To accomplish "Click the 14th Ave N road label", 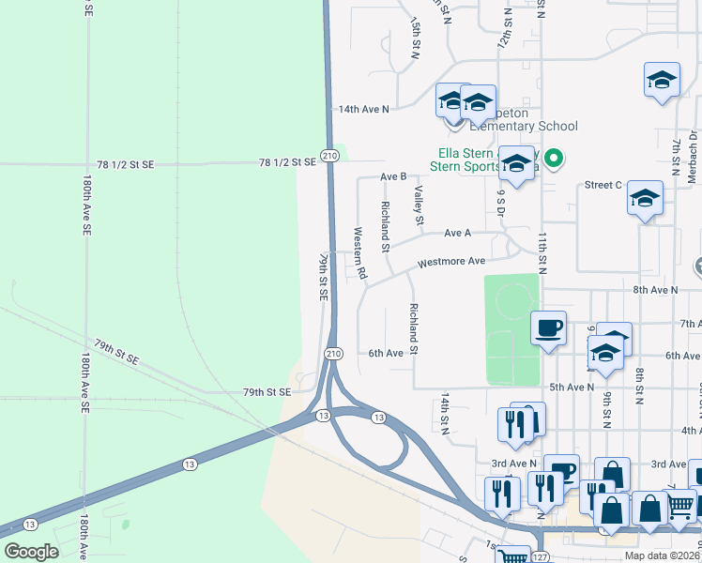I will (363, 110).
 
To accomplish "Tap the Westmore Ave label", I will (451, 262).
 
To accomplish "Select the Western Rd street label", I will (358, 245).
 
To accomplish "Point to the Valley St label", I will (419, 205).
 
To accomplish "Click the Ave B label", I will (393, 176).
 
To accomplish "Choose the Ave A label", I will (457, 233).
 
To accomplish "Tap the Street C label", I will (603, 185).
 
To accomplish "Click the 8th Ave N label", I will (655, 290).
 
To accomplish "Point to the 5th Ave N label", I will (572, 387).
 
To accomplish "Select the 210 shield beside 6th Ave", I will (333, 354).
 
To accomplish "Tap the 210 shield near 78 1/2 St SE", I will (329, 156).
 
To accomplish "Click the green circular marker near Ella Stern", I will (554, 160).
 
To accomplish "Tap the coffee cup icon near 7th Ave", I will (549, 328).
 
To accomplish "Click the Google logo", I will (31, 552).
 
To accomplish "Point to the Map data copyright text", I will (662, 555).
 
